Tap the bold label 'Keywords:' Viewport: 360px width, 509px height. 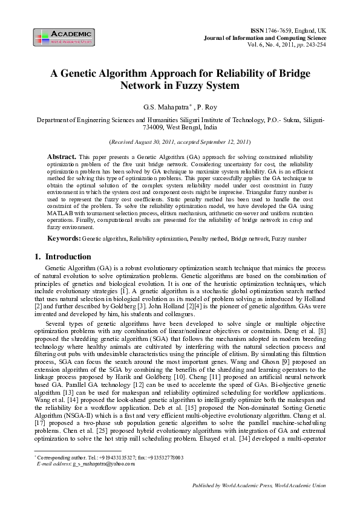64,239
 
